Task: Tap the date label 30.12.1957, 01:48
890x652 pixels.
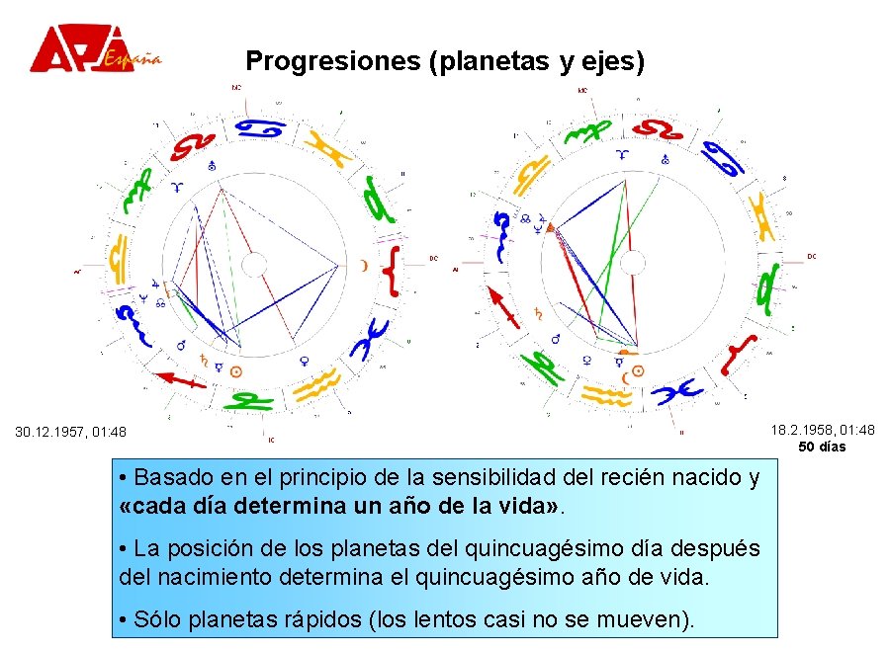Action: [x=70, y=432]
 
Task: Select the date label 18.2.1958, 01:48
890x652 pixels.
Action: [x=823, y=430]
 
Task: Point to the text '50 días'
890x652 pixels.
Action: [x=822, y=447]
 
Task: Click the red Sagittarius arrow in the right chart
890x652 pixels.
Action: [x=503, y=306]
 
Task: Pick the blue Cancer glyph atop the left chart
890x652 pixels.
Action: [x=260, y=128]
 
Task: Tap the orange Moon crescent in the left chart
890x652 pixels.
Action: [x=363, y=265]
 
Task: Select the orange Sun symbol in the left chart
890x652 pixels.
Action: [x=235, y=372]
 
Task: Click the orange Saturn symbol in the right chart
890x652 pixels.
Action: [x=539, y=312]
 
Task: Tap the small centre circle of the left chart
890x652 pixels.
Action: [x=254, y=265]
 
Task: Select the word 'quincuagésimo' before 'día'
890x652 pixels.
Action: [x=535, y=548]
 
